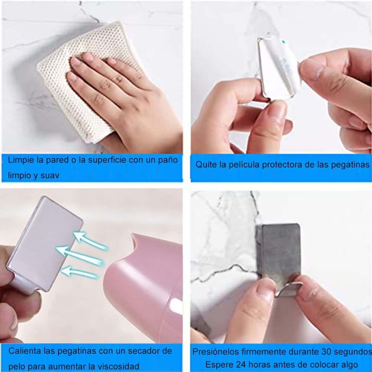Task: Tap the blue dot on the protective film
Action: [283, 42]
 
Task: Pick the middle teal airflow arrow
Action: [80, 255]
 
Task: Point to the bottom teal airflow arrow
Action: [80, 272]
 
